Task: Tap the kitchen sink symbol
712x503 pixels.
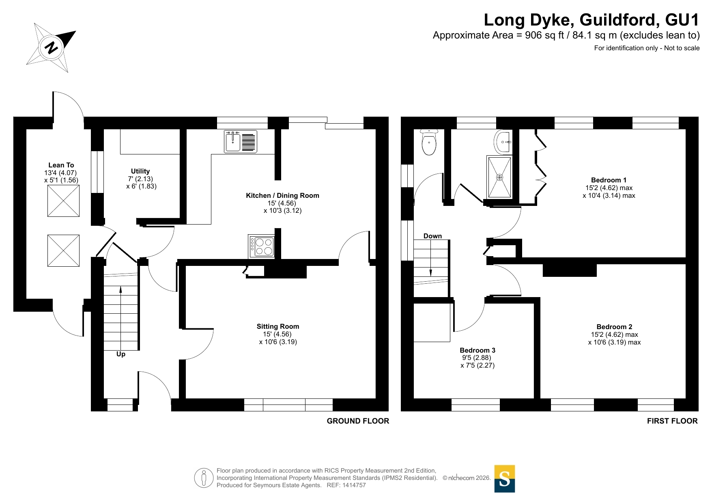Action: tap(241, 141)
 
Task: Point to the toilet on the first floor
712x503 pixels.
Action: tap(429, 142)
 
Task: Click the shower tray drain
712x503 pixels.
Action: tap(499, 178)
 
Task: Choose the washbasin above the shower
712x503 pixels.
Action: tap(503, 142)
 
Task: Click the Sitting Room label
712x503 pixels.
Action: tap(278, 326)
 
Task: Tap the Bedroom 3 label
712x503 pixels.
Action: tap(478, 350)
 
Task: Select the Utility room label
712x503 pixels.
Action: tap(140, 171)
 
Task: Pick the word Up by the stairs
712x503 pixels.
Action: tap(121, 354)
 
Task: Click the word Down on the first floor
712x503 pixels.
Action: tap(432, 236)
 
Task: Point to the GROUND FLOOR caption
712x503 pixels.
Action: tap(358, 421)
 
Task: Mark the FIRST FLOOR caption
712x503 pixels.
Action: tap(672, 421)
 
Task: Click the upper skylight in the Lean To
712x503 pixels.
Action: tap(63, 201)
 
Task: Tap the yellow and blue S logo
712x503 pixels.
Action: tap(505, 479)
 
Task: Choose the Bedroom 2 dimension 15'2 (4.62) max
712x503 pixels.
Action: tap(614, 335)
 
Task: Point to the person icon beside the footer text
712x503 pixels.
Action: tap(204, 478)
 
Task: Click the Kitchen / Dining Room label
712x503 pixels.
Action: tap(282, 195)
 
